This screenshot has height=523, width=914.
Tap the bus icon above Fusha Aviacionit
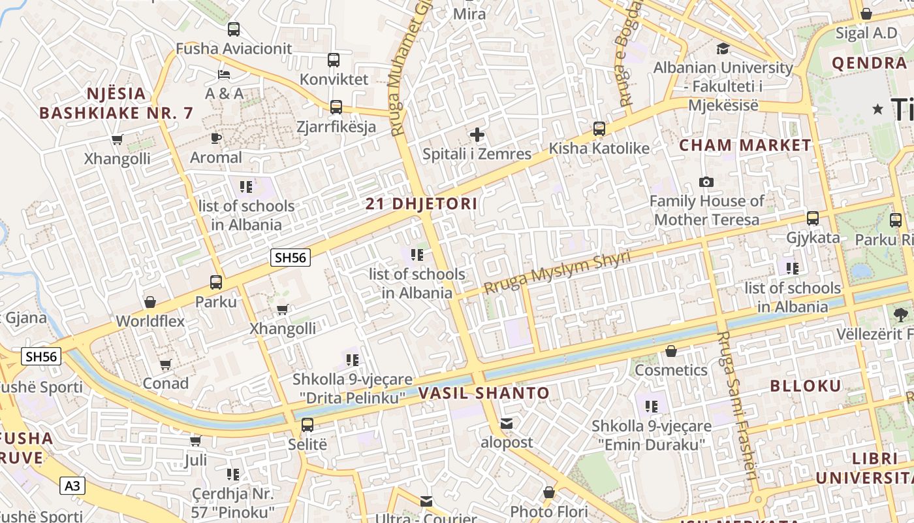click(233, 29)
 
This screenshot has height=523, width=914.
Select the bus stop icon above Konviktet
click(334, 60)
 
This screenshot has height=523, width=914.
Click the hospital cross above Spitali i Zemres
click(477, 135)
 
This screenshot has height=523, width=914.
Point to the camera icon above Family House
click(706, 182)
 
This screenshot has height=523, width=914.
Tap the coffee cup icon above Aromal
click(216, 138)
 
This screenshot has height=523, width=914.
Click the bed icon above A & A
click(224, 74)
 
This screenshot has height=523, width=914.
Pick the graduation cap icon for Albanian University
click(723, 48)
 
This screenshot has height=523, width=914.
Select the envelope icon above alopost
click(507, 424)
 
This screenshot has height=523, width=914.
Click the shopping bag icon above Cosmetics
click(670, 351)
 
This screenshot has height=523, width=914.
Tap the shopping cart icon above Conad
click(166, 364)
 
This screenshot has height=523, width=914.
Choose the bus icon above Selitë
click(307, 425)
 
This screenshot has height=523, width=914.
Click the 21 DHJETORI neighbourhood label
click(421, 203)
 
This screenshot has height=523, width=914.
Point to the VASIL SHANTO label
click(484, 393)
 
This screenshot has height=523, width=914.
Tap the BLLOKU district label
click(806, 386)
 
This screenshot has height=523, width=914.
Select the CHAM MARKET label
click(745, 145)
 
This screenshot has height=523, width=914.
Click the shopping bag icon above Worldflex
click(150, 302)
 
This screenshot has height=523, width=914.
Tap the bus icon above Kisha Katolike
click(599, 129)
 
